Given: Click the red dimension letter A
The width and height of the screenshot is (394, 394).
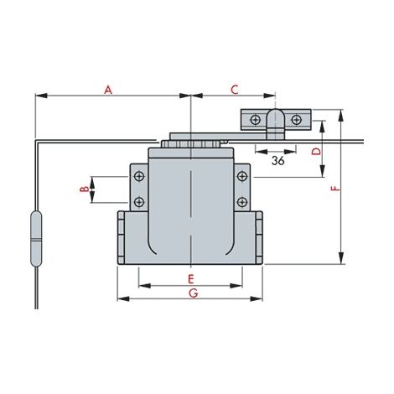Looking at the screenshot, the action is [x=108, y=90].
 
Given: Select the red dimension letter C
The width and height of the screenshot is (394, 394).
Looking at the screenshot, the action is [x=235, y=90].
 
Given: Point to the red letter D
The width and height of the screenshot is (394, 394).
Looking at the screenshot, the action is [x=317, y=152].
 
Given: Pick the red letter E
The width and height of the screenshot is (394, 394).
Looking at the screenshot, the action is [x=191, y=278].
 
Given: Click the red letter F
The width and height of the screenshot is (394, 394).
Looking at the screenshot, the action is [x=335, y=189].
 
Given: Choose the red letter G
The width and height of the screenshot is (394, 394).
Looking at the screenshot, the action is [x=194, y=293].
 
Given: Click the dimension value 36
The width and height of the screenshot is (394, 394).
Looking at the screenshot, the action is [x=277, y=161].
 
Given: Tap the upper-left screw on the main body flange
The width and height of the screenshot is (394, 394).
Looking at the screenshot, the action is [x=139, y=176].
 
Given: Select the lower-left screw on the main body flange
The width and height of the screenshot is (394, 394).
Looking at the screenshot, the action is [x=139, y=202].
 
